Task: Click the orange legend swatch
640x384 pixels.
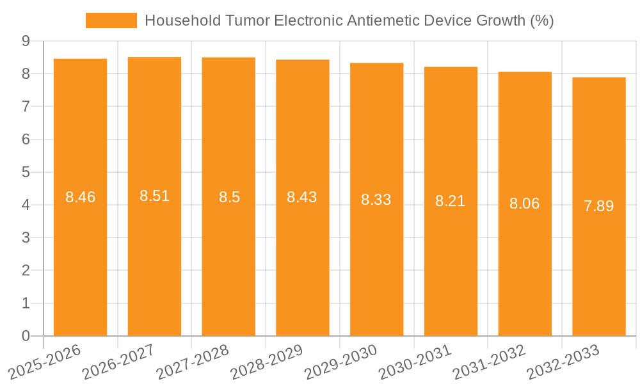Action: click(111, 20)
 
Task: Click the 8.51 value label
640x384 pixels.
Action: click(154, 196)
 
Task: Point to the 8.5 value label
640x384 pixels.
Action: click(229, 197)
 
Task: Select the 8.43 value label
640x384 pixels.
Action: click(302, 197)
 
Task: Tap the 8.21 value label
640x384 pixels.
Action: click(451, 202)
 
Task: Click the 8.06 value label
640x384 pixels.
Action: click(525, 204)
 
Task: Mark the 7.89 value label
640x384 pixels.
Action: click(599, 206)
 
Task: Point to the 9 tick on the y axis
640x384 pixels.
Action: click(26, 41)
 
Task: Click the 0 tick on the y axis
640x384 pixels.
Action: click(26, 336)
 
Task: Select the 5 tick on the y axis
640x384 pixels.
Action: click(26, 172)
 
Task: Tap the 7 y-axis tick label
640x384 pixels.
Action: click(26, 106)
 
